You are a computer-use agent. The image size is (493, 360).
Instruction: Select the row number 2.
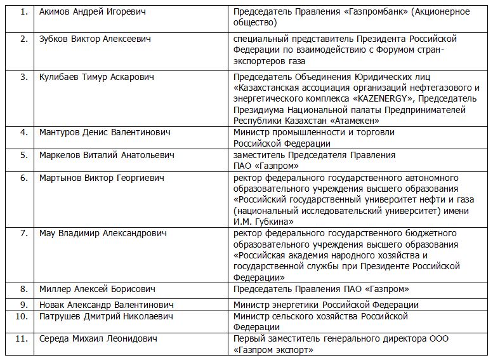24,39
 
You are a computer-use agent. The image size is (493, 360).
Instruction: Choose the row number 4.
24,133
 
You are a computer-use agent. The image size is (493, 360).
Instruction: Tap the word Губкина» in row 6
272,222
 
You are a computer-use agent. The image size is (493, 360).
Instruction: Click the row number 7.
24,234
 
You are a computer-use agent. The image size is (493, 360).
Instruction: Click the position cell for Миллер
321,289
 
